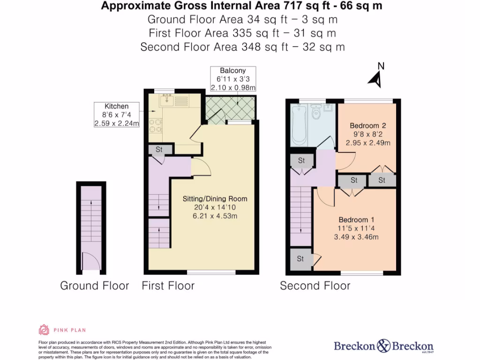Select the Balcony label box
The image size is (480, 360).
point(233,79)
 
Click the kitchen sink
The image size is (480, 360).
point(166,99)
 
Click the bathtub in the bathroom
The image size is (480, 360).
point(299,125)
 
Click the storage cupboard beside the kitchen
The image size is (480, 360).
point(159,150)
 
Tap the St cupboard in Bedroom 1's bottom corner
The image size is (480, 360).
point(300,259)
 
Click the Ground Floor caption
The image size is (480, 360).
point(94,285)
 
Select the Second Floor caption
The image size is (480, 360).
point(315,285)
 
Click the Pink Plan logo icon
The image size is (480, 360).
point(44,330)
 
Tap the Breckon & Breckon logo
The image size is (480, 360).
point(383,346)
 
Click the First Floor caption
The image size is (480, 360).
point(168,285)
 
